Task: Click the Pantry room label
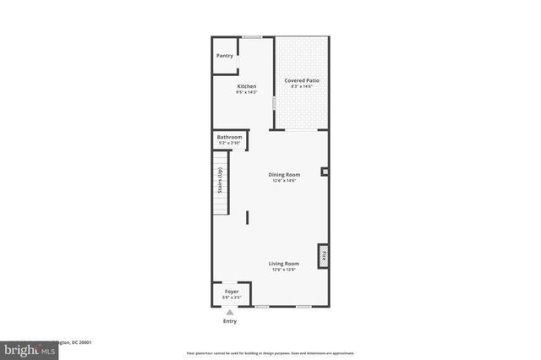pyautogui.click(x=224, y=56)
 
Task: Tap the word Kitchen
pyautogui.click(x=247, y=86)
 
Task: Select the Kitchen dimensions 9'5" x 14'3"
pyautogui.click(x=247, y=92)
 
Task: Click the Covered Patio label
pyautogui.click(x=301, y=80)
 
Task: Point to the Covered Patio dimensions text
pyautogui.click(x=301, y=86)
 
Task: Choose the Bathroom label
pyautogui.click(x=229, y=137)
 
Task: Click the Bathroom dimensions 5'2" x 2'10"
pyautogui.click(x=229, y=143)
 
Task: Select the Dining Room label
pyautogui.click(x=284, y=174)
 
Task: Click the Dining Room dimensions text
pyautogui.click(x=284, y=180)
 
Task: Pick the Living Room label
pyautogui.click(x=284, y=263)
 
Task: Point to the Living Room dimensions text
pyautogui.click(x=284, y=270)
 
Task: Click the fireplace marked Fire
pyautogui.click(x=323, y=255)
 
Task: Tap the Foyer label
pyautogui.click(x=231, y=292)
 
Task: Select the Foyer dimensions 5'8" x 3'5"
pyautogui.click(x=231, y=297)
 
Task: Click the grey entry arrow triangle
pyautogui.click(x=229, y=313)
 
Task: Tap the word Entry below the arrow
pyautogui.click(x=229, y=321)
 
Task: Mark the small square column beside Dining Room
pyautogui.click(x=324, y=172)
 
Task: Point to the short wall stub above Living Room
pyautogui.click(x=247, y=217)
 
